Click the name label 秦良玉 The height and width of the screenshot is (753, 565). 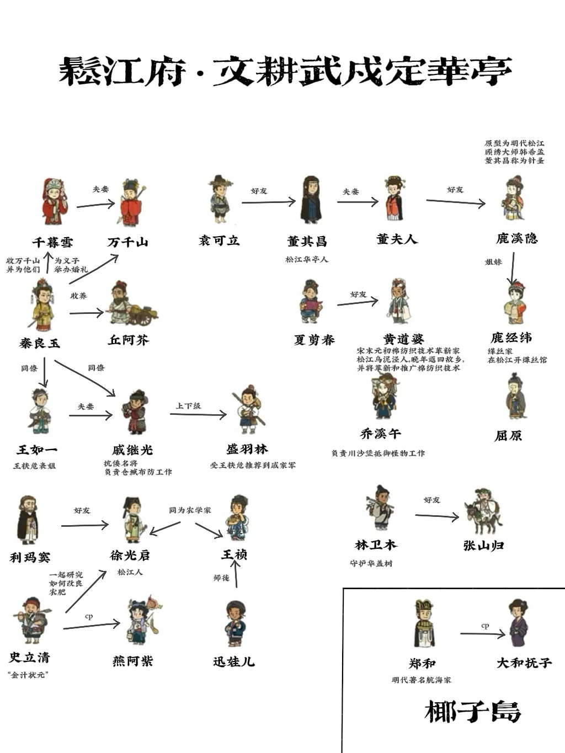pyautogui.click(x=40, y=343)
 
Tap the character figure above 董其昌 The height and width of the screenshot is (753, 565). pyautogui.click(x=311, y=200)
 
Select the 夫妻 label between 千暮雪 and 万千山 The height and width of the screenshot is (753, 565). pyautogui.click(x=100, y=189)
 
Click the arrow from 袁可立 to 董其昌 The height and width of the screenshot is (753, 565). pyautogui.click(x=269, y=202)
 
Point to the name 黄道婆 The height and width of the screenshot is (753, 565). pyautogui.click(x=403, y=339)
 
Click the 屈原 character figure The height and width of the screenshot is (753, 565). pyautogui.click(x=515, y=397)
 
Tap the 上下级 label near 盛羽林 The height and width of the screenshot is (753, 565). pyautogui.click(x=188, y=406)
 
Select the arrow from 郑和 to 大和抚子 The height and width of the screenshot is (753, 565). pyautogui.click(x=482, y=634)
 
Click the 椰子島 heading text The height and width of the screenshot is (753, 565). pyautogui.click(x=472, y=712)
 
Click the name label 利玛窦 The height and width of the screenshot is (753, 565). pyautogui.click(x=30, y=557)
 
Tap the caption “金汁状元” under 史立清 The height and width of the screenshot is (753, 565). pyautogui.click(x=28, y=675)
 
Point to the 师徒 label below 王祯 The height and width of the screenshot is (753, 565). pyautogui.click(x=221, y=578)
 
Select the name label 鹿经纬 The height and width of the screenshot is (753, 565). pyautogui.click(x=511, y=338)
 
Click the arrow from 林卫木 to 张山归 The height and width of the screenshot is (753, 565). pyautogui.click(x=436, y=516)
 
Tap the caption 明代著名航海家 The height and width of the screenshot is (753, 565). pyautogui.click(x=422, y=680)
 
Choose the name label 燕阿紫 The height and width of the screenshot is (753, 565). pyautogui.click(x=132, y=661)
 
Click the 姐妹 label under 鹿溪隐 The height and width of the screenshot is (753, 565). pyautogui.click(x=493, y=262)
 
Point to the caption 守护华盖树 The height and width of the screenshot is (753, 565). pyautogui.click(x=371, y=563)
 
